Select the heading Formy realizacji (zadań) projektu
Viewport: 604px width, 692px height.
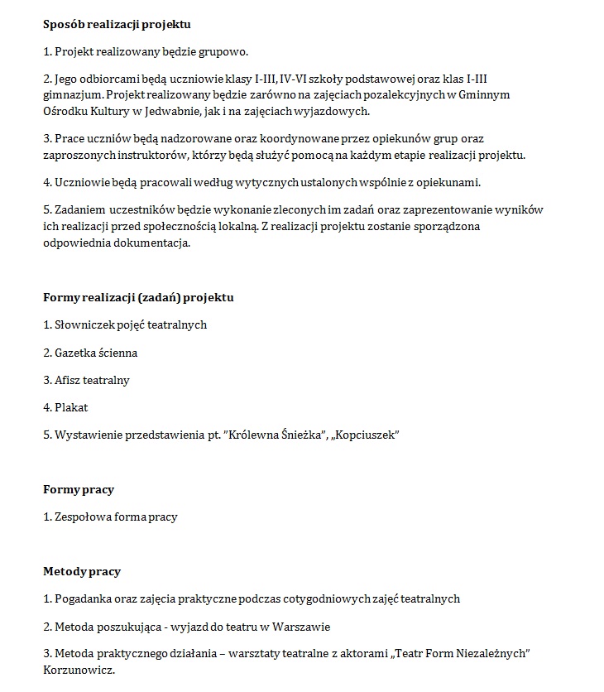coord(138,297)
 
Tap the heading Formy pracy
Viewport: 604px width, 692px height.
coord(79,490)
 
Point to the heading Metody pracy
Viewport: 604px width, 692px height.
coord(82,571)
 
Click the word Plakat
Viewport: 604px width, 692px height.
coord(71,407)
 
